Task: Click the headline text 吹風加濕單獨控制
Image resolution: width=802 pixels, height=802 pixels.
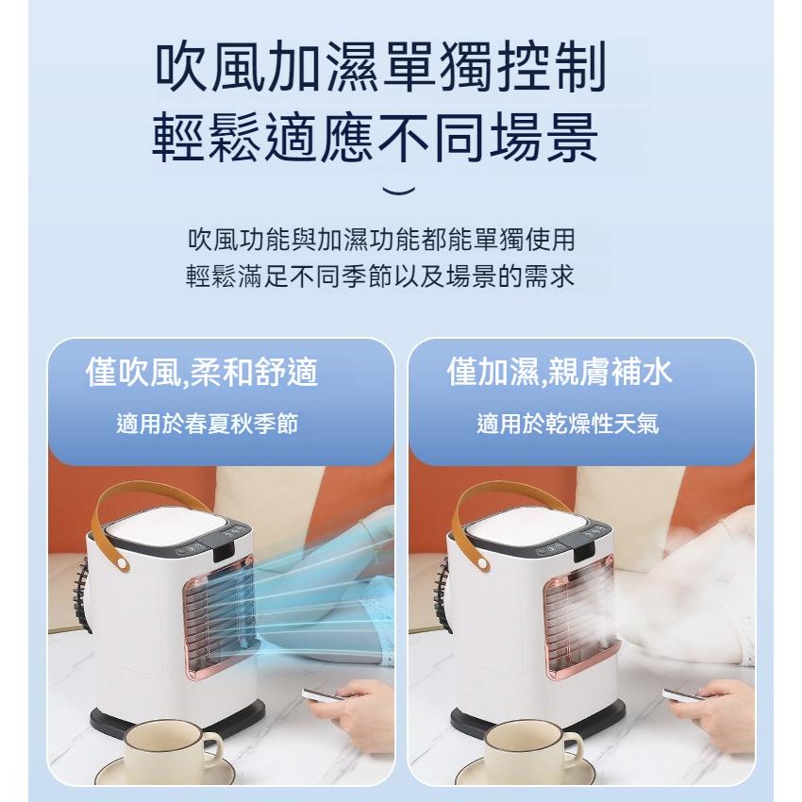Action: [x=379, y=70]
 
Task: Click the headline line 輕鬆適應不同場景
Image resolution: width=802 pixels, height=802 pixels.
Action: [x=375, y=140]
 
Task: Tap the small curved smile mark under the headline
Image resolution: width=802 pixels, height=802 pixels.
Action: [x=400, y=192]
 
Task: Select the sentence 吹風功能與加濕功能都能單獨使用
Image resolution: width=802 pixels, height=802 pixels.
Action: [x=381, y=240]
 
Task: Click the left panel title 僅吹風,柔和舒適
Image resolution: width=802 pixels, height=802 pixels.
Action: [x=201, y=373]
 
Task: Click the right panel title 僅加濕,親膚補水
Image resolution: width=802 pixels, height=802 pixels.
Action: [x=560, y=373]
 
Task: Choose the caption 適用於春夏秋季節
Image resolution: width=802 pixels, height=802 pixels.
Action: [x=207, y=424]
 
